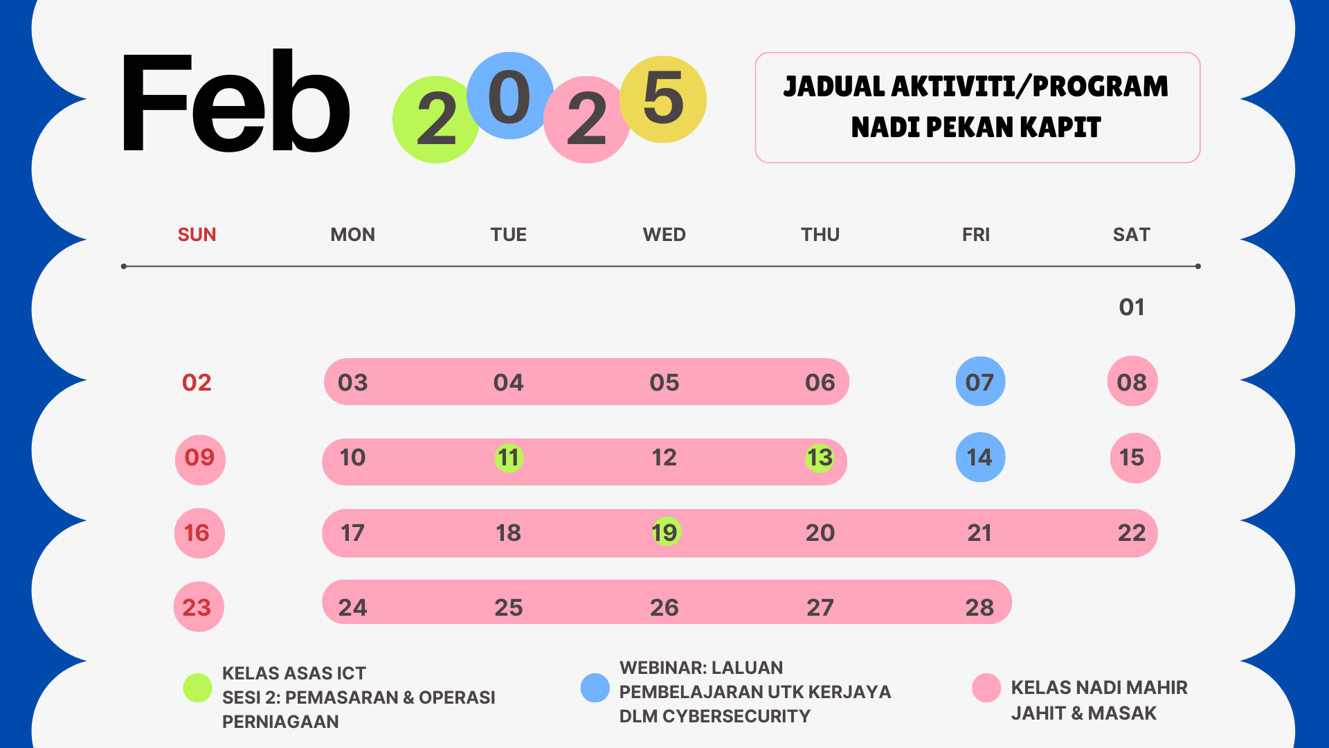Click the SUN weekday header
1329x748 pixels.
[197, 235]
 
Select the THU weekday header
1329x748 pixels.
[820, 235]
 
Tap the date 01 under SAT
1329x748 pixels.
[1132, 307]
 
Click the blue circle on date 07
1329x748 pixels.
[980, 382]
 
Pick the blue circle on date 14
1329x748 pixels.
[980, 457]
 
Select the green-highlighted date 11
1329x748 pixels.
[509, 458]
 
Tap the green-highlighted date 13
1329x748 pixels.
[820, 458]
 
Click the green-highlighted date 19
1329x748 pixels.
[666, 532]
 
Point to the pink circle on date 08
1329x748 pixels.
[1132, 382]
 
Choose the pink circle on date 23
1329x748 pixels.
[199, 607]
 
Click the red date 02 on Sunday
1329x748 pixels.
[197, 382]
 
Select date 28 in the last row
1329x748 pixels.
[979, 607]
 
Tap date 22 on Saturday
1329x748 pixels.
[1132, 533]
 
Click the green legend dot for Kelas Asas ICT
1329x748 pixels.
[197, 688]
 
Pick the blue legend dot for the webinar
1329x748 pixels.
[595, 688]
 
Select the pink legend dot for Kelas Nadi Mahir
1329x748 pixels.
[986, 688]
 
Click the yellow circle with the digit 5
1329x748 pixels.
[663, 99]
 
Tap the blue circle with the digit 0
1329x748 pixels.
[510, 96]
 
